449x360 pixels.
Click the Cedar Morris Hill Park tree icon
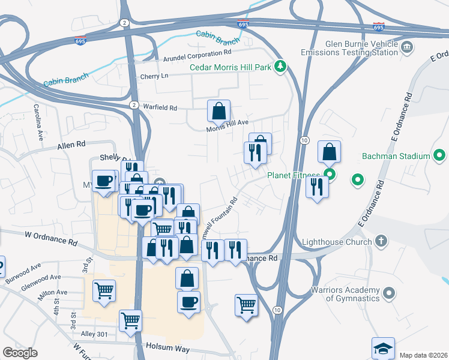click(280, 67)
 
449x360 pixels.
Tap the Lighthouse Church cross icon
click(379, 242)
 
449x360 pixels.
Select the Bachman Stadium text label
click(396, 156)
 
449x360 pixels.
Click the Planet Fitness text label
click(294, 175)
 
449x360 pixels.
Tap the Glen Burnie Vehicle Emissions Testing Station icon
click(406, 47)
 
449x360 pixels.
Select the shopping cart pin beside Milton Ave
click(104, 291)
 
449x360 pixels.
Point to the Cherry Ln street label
click(154, 76)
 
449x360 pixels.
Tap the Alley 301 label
click(97, 334)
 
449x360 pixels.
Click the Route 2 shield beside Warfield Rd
click(133, 104)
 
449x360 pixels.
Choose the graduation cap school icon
click(384, 348)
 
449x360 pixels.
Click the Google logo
click(20, 353)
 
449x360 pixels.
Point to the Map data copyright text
click(424, 355)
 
